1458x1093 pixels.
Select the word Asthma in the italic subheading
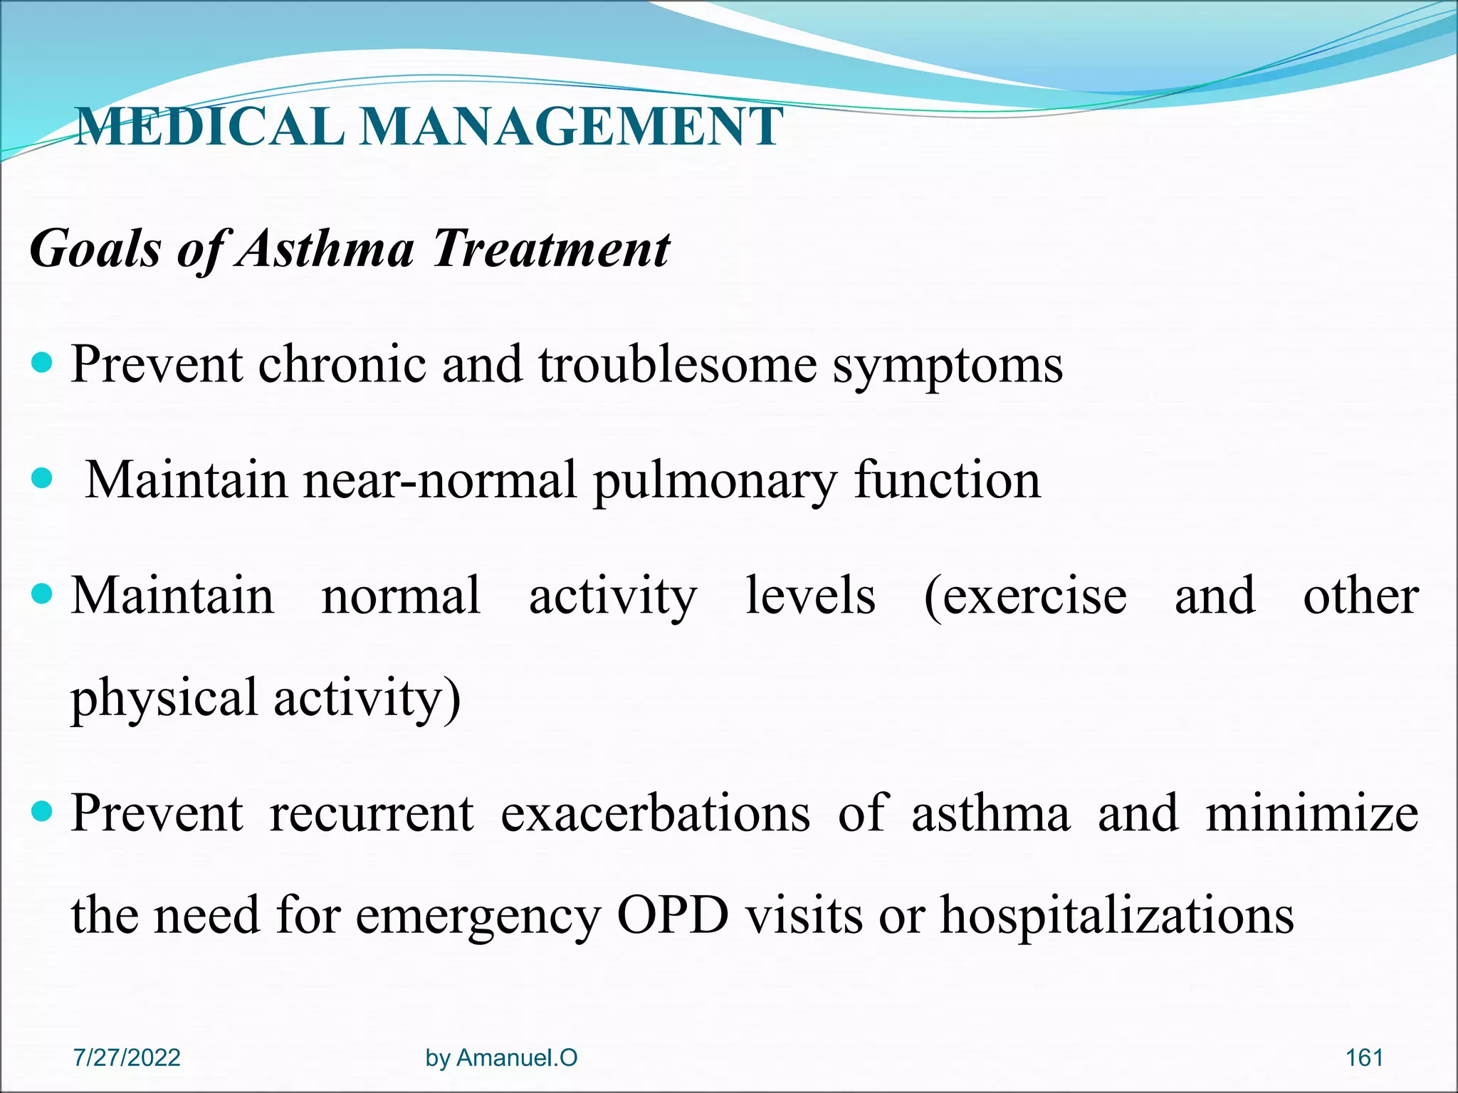tap(325, 249)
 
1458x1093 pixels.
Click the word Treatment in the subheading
tap(551, 249)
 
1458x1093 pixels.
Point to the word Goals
tap(95, 249)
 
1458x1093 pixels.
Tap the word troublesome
tap(677, 364)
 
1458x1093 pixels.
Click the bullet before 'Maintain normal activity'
tap(43, 593)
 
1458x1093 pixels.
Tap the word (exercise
tap(1024, 596)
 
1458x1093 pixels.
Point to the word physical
tap(164, 698)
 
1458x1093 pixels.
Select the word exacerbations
tap(655, 813)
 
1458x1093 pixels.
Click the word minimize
tap(1312, 813)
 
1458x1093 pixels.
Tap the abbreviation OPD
tap(673, 915)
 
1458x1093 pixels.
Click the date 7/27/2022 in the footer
tap(127, 1057)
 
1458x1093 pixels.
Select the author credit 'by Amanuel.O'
tap(501, 1058)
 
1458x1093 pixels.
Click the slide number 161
tap(1364, 1057)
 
